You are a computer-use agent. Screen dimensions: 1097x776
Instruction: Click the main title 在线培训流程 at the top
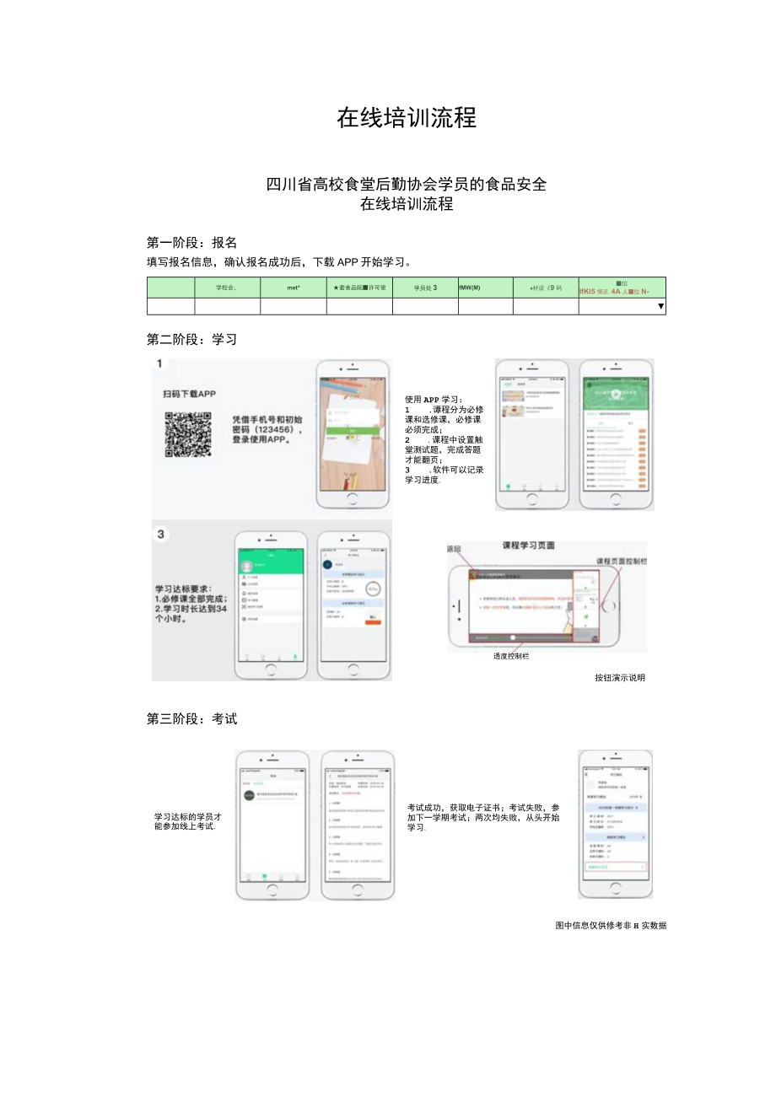[x=407, y=117]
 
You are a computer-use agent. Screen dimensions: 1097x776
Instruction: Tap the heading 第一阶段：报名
[x=191, y=243]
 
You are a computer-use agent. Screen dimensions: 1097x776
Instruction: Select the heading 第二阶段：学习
[x=191, y=340]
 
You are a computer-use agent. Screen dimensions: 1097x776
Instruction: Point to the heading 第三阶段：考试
[x=191, y=719]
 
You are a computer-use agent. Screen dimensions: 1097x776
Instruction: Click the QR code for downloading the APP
[x=187, y=433]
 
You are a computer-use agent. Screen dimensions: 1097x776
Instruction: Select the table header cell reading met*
[x=293, y=288]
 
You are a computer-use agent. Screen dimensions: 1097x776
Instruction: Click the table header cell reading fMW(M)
[x=470, y=288]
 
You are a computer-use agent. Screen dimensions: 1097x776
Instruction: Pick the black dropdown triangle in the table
[x=660, y=307]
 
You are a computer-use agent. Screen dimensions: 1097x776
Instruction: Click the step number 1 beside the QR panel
[x=159, y=364]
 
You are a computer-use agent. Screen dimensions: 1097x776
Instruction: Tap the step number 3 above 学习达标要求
[x=160, y=534]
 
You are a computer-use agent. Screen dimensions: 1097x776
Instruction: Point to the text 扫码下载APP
[x=190, y=394]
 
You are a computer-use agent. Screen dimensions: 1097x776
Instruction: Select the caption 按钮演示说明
[x=619, y=677]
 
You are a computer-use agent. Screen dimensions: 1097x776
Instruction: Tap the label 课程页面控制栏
[x=621, y=561]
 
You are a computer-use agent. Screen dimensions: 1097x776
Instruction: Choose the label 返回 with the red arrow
[x=454, y=549]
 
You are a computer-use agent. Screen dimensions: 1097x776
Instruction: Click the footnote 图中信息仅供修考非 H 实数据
[x=611, y=925]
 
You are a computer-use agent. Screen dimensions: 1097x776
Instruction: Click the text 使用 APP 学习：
[x=434, y=399]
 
